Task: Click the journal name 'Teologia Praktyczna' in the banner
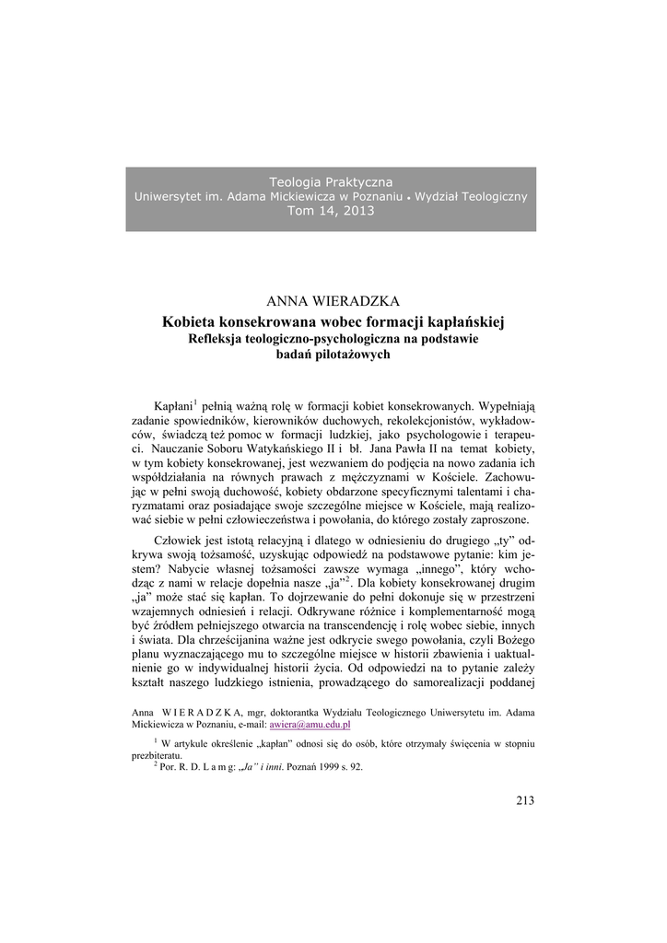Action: [x=330, y=182]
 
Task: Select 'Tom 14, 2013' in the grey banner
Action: [x=331, y=211]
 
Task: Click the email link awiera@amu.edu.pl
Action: [x=310, y=725]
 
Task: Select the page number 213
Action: [x=525, y=800]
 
